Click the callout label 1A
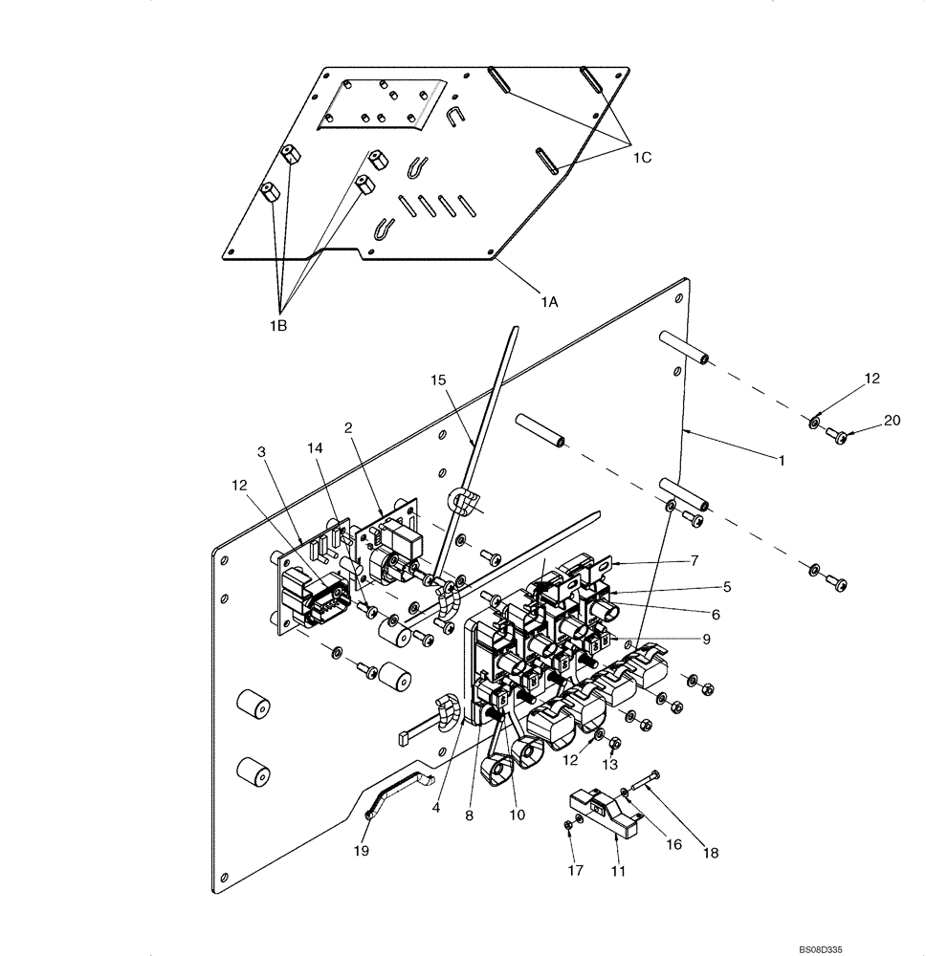[548, 302]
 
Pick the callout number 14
[316, 447]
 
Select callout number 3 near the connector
[261, 451]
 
